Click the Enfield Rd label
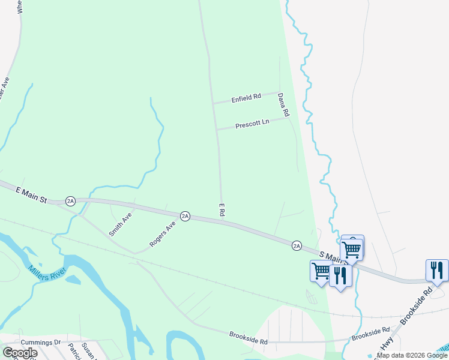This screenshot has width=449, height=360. click(x=246, y=97)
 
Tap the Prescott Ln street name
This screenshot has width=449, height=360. click(x=252, y=124)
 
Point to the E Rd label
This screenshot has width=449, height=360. click(x=222, y=209)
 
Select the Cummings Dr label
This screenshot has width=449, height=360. click(x=41, y=343)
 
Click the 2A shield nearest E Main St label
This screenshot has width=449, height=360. click(x=71, y=201)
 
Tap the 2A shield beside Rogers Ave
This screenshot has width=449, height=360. click(x=185, y=216)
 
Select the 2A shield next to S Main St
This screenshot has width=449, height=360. click(x=297, y=245)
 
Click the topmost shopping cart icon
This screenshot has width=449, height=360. click(x=352, y=247)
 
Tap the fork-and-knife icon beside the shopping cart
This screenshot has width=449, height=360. click(x=340, y=275)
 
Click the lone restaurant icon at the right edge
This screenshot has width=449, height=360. click(x=437, y=270)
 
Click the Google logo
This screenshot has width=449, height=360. click(x=20, y=353)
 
